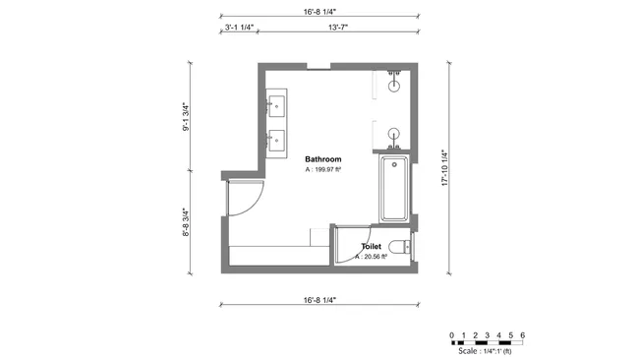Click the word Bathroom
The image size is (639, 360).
pos(322,159)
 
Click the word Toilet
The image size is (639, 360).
pos(371,247)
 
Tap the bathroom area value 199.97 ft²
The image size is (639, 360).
pos(322,169)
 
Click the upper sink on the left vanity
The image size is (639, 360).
pos(276,101)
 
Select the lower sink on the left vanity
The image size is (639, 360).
pos(276,140)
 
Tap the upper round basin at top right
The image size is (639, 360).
pos(394,85)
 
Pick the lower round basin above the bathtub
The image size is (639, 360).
pos(394,135)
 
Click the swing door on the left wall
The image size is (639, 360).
pos(246,202)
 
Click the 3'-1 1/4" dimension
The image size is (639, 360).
pos(239,29)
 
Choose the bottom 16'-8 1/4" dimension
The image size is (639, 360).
pos(319,299)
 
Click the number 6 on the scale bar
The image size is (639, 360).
pos(523,335)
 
